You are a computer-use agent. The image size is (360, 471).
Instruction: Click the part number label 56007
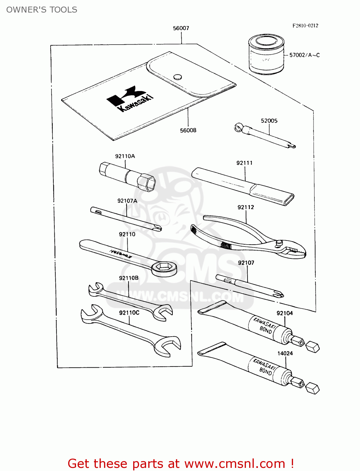pyautogui.click(x=181, y=28)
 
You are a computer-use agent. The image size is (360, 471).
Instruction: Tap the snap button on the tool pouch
pyautogui.click(x=178, y=77)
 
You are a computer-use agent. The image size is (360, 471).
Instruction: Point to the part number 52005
pyautogui.click(x=269, y=121)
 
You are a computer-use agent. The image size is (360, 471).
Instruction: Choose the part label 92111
pyautogui.click(x=244, y=163)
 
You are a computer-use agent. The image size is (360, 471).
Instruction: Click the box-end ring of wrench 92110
pyautogui.click(x=164, y=268)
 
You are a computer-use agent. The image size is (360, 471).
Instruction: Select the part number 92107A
pyautogui.click(x=127, y=201)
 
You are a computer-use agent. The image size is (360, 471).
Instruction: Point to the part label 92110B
pyautogui.click(x=128, y=278)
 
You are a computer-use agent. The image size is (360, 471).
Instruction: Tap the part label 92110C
pyautogui.click(x=129, y=313)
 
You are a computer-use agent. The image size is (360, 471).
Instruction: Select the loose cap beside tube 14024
pyautogui.click(x=312, y=388)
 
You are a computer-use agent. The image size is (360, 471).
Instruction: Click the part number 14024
pyautogui.click(x=285, y=354)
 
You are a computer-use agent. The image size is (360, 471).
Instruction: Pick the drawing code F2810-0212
pyautogui.click(x=305, y=26)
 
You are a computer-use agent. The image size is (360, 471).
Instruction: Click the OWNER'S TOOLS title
pyautogui.click(x=42, y=10)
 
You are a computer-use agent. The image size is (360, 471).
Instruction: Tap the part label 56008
pyautogui.click(x=188, y=130)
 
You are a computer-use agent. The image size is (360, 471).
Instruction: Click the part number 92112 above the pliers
pyautogui.click(x=246, y=207)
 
